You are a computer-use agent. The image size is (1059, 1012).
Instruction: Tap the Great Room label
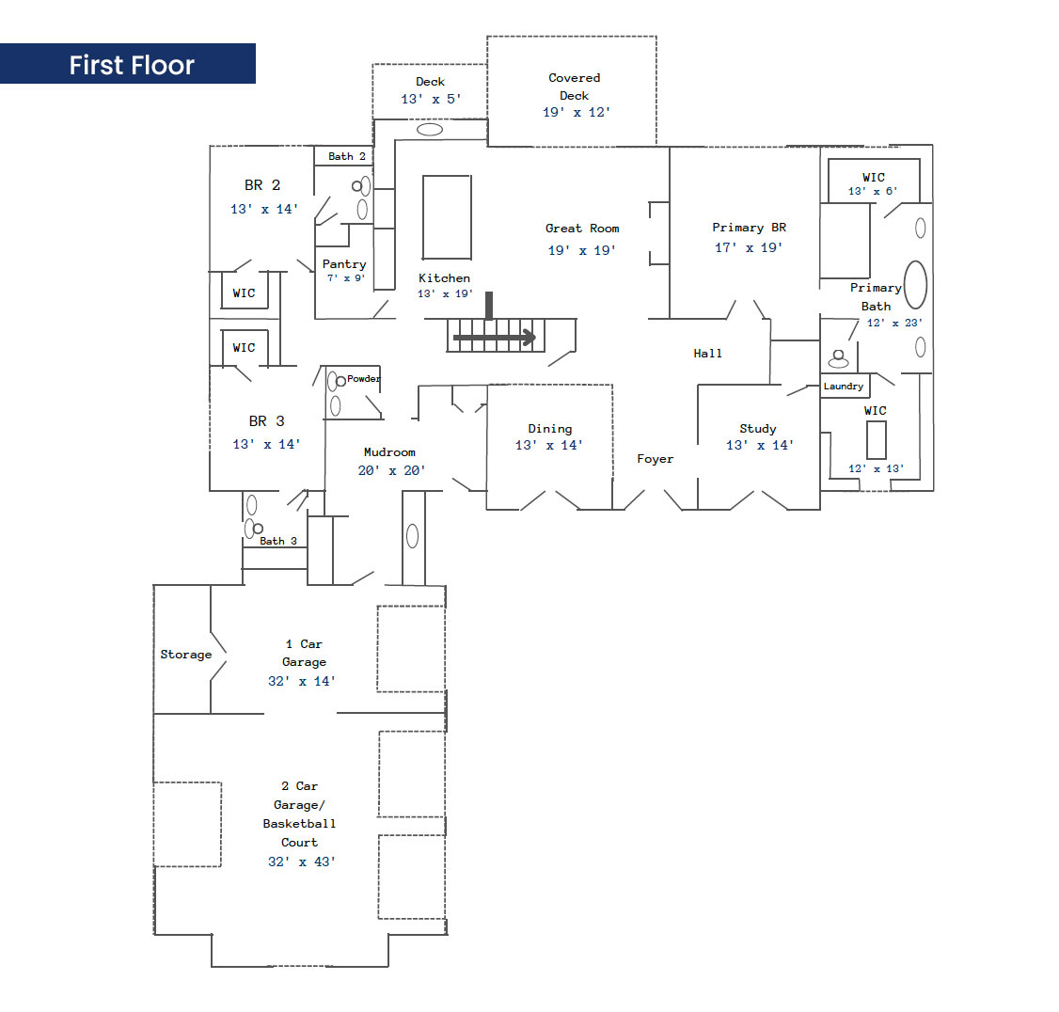click(582, 229)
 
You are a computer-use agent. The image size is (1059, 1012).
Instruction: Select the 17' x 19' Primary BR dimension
click(749, 248)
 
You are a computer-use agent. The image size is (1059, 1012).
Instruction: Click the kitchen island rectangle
click(447, 216)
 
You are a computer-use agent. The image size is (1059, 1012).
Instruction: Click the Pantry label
click(344, 264)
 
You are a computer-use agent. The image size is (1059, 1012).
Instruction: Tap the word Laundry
click(844, 387)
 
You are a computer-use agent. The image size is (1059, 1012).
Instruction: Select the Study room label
click(758, 429)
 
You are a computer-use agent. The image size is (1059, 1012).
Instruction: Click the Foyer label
click(656, 459)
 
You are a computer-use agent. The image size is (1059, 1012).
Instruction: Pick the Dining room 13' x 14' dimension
click(549, 445)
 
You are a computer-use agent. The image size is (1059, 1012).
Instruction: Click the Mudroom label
click(389, 452)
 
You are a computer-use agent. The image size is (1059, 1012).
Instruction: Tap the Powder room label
click(364, 379)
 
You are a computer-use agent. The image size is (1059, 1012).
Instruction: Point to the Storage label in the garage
click(186, 655)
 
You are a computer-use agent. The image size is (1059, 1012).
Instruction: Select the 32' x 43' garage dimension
click(302, 862)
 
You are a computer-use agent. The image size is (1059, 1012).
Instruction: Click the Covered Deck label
click(575, 87)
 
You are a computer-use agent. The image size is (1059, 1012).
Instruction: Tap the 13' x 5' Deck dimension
click(431, 99)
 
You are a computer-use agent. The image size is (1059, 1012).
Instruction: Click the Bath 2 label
click(347, 156)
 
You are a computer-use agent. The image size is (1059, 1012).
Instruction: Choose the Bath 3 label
click(278, 541)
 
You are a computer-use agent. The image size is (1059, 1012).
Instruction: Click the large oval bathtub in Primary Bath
click(915, 284)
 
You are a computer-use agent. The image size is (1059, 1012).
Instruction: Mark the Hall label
click(708, 354)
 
